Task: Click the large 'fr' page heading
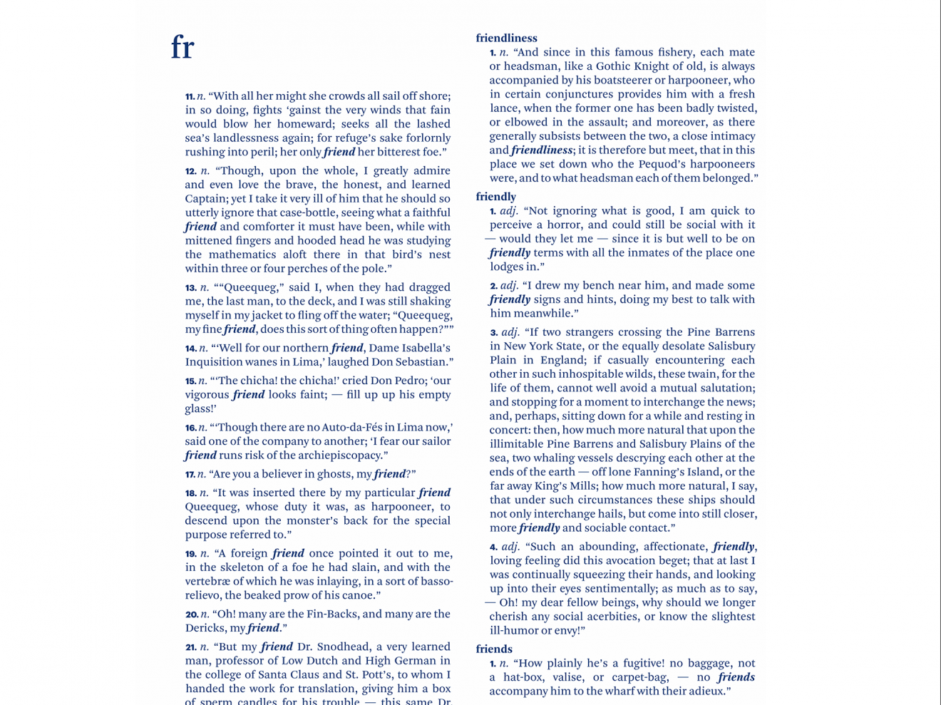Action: tap(182, 48)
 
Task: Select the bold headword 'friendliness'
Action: tap(506, 38)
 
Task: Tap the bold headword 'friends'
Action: tap(494, 649)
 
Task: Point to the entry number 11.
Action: tap(190, 96)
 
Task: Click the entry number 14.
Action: tap(190, 349)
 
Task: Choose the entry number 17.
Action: tap(190, 475)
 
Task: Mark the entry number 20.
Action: tap(191, 614)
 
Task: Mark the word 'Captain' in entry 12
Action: tap(206, 199)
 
